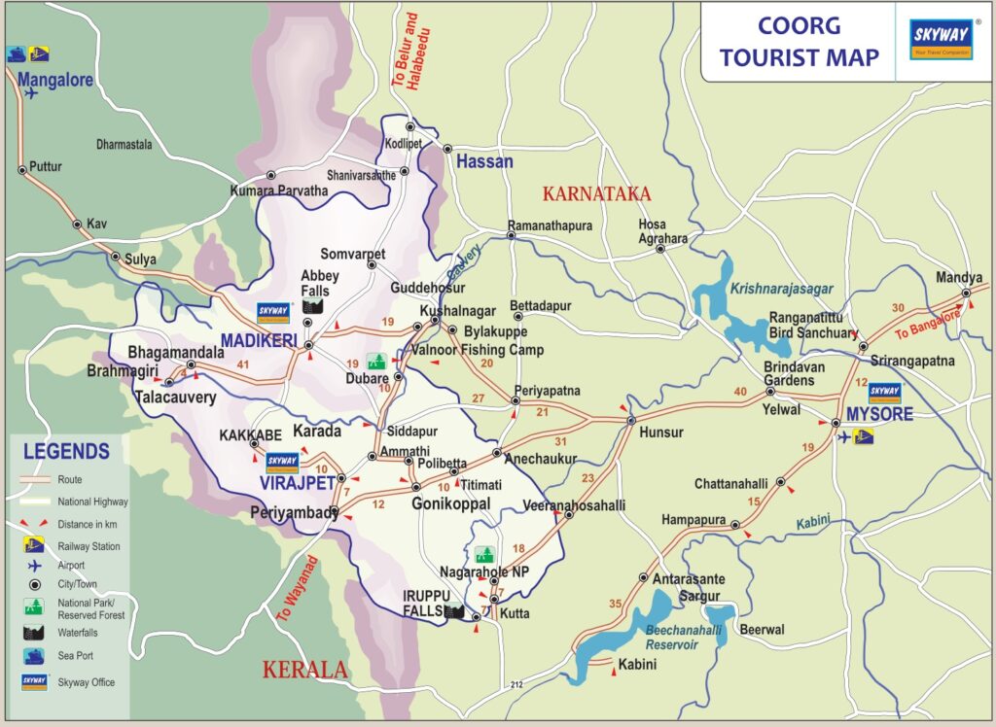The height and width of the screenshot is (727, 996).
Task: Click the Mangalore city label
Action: [x=54, y=80]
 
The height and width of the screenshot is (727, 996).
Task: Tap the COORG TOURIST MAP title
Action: [x=799, y=40]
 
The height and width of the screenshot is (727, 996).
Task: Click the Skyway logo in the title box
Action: [x=940, y=40]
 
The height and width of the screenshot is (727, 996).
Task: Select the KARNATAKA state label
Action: [x=596, y=193]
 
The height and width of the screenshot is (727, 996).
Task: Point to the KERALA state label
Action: [x=304, y=670]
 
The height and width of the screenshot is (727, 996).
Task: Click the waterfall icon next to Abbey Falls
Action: [x=312, y=307]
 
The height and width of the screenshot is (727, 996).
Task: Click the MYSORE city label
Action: [x=879, y=415]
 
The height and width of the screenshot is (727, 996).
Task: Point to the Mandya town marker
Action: [x=966, y=293]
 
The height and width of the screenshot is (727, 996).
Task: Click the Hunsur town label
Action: [x=661, y=433]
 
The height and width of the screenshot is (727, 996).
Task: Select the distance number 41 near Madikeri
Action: [x=244, y=365]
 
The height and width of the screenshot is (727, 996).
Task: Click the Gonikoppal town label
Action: [x=450, y=503]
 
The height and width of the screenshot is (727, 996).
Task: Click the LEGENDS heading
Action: [x=66, y=451]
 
